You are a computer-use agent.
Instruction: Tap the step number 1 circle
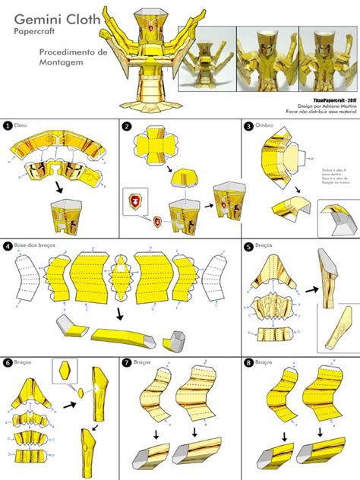[7, 125]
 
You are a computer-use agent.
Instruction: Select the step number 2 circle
[127, 125]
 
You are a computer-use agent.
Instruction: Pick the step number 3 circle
[248, 125]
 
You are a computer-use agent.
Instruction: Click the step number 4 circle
[7, 246]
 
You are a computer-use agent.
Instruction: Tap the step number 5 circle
[248, 246]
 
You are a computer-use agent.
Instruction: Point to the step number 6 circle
[7, 362]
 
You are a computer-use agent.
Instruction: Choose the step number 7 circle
[127, 362]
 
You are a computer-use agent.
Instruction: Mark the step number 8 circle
[248, 362]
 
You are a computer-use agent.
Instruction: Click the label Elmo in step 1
[21, 125]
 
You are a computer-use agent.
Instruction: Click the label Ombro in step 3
[264, 125]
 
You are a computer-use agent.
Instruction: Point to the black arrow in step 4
[119, 313]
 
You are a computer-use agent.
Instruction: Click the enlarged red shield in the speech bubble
[137, 202]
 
